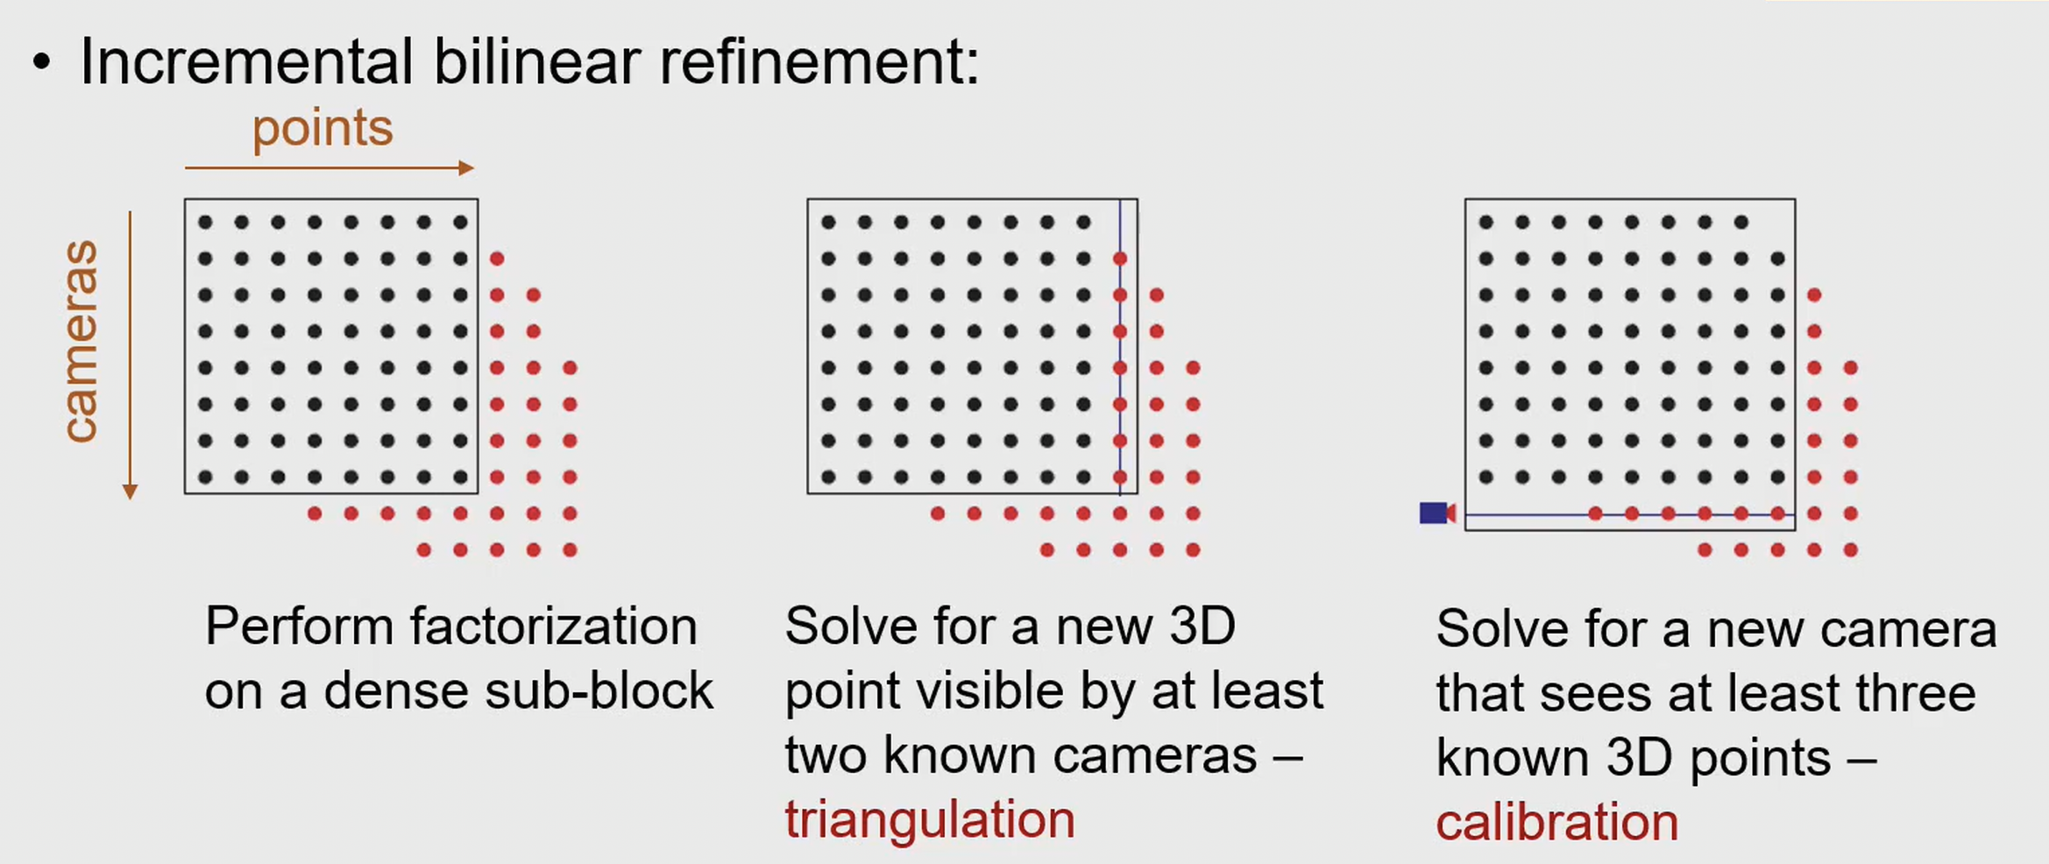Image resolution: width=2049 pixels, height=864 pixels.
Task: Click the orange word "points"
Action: (x=323, y=130)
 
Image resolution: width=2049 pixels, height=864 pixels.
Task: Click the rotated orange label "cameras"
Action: (x=81, y=341)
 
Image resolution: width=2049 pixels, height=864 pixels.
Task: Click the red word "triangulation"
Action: (x=929, y=820)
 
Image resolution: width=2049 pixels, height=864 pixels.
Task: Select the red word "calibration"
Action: (x=1556, y=823)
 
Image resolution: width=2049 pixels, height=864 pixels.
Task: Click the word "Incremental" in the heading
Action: (x=246, y=62)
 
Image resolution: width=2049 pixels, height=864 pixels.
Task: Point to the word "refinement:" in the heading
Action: (x=819, y=62)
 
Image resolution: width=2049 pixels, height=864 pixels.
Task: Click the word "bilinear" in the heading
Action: (x=536, y=62)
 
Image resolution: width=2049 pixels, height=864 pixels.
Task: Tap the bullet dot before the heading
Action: (x=41, y=63)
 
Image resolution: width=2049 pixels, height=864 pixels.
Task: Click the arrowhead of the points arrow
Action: (x=467, y=167)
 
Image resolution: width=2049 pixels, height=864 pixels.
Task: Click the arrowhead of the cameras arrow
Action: (x=130, y=492)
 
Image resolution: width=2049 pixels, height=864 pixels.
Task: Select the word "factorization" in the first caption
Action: (x=554, y=627)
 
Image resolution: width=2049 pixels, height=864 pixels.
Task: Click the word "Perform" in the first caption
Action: (x=299, y=627)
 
